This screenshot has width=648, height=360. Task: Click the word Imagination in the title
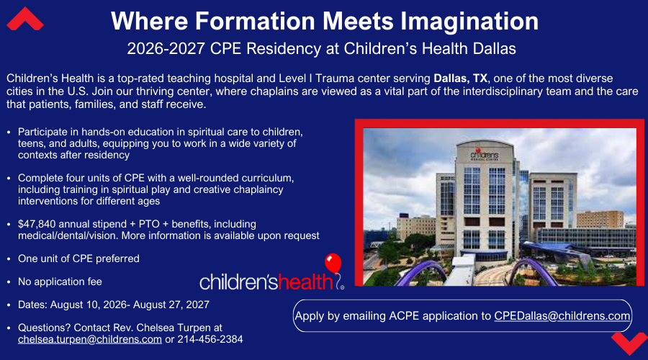[x=469, y=21]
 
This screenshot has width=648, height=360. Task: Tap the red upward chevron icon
[x=25, y=19]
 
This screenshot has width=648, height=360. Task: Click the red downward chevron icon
[x=629, y=343]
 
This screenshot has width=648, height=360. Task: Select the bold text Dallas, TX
[x=460, y=78]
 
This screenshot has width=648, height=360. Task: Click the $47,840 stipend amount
[x=37, y=225]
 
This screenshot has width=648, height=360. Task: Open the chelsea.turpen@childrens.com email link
[x=90, y=339]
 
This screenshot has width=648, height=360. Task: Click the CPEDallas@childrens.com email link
[x=562, y=316]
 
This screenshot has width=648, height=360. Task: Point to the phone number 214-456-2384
[x=210, y=339]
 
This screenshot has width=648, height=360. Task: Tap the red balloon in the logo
[x=333, y=264]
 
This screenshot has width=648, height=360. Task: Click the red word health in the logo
[x=306, y=282]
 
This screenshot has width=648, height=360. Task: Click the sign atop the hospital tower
[x=485, y=155]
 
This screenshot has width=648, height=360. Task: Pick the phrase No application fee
[x=60, y=282]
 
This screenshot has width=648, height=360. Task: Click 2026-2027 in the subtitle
[x=166, y=49]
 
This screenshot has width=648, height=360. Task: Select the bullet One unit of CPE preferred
[x=78, y=258]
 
